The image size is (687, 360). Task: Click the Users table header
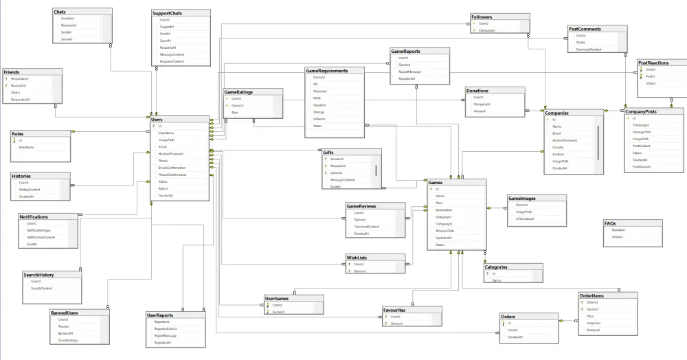pos(158,119)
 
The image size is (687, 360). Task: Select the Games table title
pos(436,183)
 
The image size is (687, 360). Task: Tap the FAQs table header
pos(611,223)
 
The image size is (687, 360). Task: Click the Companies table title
pos(556,113)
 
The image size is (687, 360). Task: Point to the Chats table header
pos(60,12)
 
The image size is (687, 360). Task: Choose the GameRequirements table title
pos(327,71)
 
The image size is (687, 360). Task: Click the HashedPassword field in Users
pos(171,154)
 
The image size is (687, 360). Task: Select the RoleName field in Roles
pos(27,147)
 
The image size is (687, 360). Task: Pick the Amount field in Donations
pos(480,111)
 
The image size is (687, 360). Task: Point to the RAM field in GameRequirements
pos(317,98)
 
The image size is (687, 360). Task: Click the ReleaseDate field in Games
pos(445,231)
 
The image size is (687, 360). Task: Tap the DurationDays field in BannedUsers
pos(69,341)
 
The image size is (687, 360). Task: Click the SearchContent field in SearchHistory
pos(42,288)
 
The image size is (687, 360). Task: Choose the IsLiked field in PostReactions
pos(651,83)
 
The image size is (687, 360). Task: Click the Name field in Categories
pos(497,280)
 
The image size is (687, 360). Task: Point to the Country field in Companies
pos(558,147)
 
